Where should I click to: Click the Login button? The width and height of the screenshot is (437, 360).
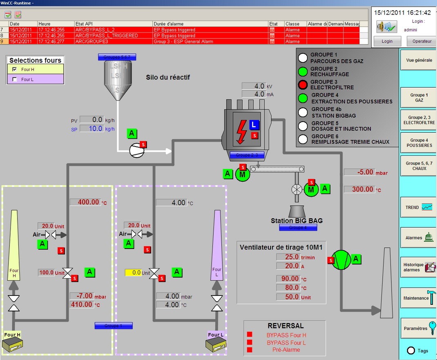(x=387, y=41)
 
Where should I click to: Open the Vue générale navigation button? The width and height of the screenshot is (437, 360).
(x=419, y=60)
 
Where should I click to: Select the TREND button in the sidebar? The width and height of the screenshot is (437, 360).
(x=419, y=207)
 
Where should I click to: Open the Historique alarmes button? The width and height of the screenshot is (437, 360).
(x=419, y=267)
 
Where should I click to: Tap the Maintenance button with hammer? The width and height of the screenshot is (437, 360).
(x=419, y=298)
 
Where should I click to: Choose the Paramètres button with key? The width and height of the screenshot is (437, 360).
(x=419, y=328)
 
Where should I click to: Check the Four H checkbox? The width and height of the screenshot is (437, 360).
(x=15, y=69)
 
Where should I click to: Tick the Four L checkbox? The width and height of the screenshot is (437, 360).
(x=15, y=80)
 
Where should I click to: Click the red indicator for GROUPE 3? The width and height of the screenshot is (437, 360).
(x=303, y=85)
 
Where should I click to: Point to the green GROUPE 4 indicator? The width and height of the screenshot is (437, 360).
(x=303, y=98)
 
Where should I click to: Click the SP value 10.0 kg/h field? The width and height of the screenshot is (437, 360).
(x=91, y=129)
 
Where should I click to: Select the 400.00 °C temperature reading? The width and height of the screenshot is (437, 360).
(x=85, y=202)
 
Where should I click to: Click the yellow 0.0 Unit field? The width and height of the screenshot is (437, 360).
(x=133, y=273)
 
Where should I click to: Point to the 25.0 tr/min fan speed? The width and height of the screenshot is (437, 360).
(x=288, y=257)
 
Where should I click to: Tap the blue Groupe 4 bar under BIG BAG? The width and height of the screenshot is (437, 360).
(x=298, y=228)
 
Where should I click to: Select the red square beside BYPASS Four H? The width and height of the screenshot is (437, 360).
(x=250, y=335)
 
